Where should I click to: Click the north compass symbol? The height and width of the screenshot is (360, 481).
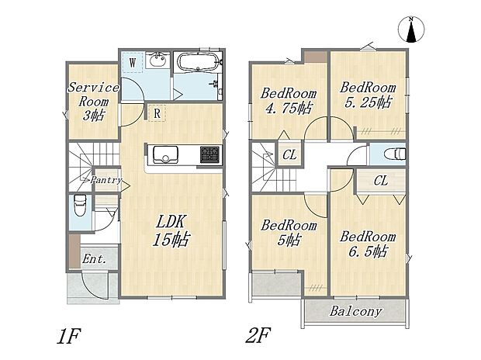pos(411,29)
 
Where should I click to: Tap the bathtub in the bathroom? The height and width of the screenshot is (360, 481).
pos(198,62)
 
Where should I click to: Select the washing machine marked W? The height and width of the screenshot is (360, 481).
pos(133,63)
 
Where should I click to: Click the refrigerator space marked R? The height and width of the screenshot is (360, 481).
pos(157,113)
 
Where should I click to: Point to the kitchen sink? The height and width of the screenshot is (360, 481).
pos(166,154)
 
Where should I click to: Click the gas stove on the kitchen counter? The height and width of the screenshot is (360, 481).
pos(209,154)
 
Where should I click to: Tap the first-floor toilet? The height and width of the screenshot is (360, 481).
pos(80,206)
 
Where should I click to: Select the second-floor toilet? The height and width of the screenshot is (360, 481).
pos(396,154)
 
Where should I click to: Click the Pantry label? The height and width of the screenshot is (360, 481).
pos(106,180)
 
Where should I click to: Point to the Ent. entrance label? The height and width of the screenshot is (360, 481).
pos(95,259)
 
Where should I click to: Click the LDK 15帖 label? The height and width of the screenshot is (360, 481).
pos(171,230)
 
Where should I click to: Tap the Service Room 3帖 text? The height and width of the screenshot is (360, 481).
pos(93,102)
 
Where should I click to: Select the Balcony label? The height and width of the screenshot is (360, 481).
pos(356,312)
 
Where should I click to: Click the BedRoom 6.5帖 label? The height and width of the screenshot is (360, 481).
pos(368,244)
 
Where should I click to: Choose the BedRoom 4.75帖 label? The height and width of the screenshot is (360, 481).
pos(288,101)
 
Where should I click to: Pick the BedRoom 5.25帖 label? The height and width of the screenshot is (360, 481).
pos(368,95)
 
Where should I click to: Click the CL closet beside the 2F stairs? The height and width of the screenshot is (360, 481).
pos(289,154)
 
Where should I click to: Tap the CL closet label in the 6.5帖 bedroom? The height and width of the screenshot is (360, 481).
pos(381,181)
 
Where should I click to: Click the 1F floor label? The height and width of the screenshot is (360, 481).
pos(68,336)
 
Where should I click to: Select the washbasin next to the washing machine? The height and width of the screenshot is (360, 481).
pos(157,60)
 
